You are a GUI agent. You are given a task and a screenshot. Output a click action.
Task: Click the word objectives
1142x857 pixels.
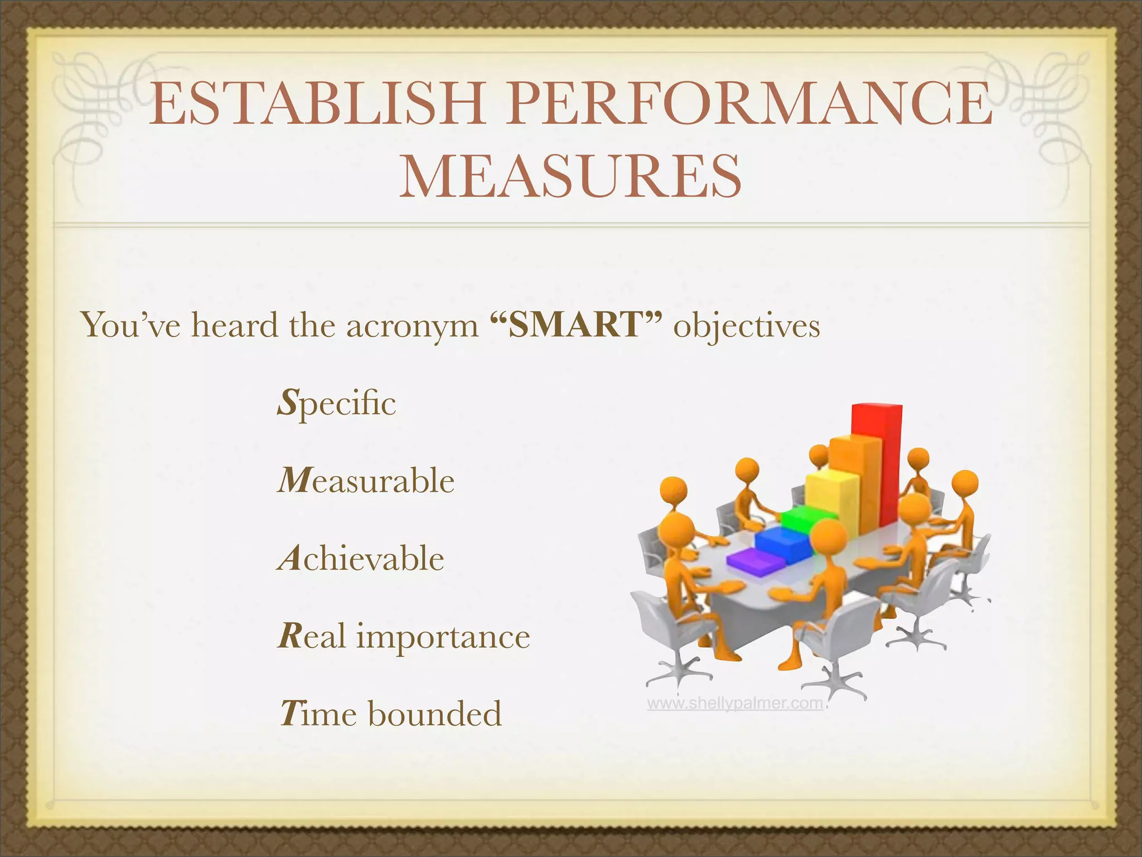point(747,327)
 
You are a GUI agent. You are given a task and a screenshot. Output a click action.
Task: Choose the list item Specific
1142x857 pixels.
point(337,403)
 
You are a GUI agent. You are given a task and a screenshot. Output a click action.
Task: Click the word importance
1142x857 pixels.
point(443,637)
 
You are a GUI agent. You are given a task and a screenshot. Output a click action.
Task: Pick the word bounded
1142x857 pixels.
point(434,714)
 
